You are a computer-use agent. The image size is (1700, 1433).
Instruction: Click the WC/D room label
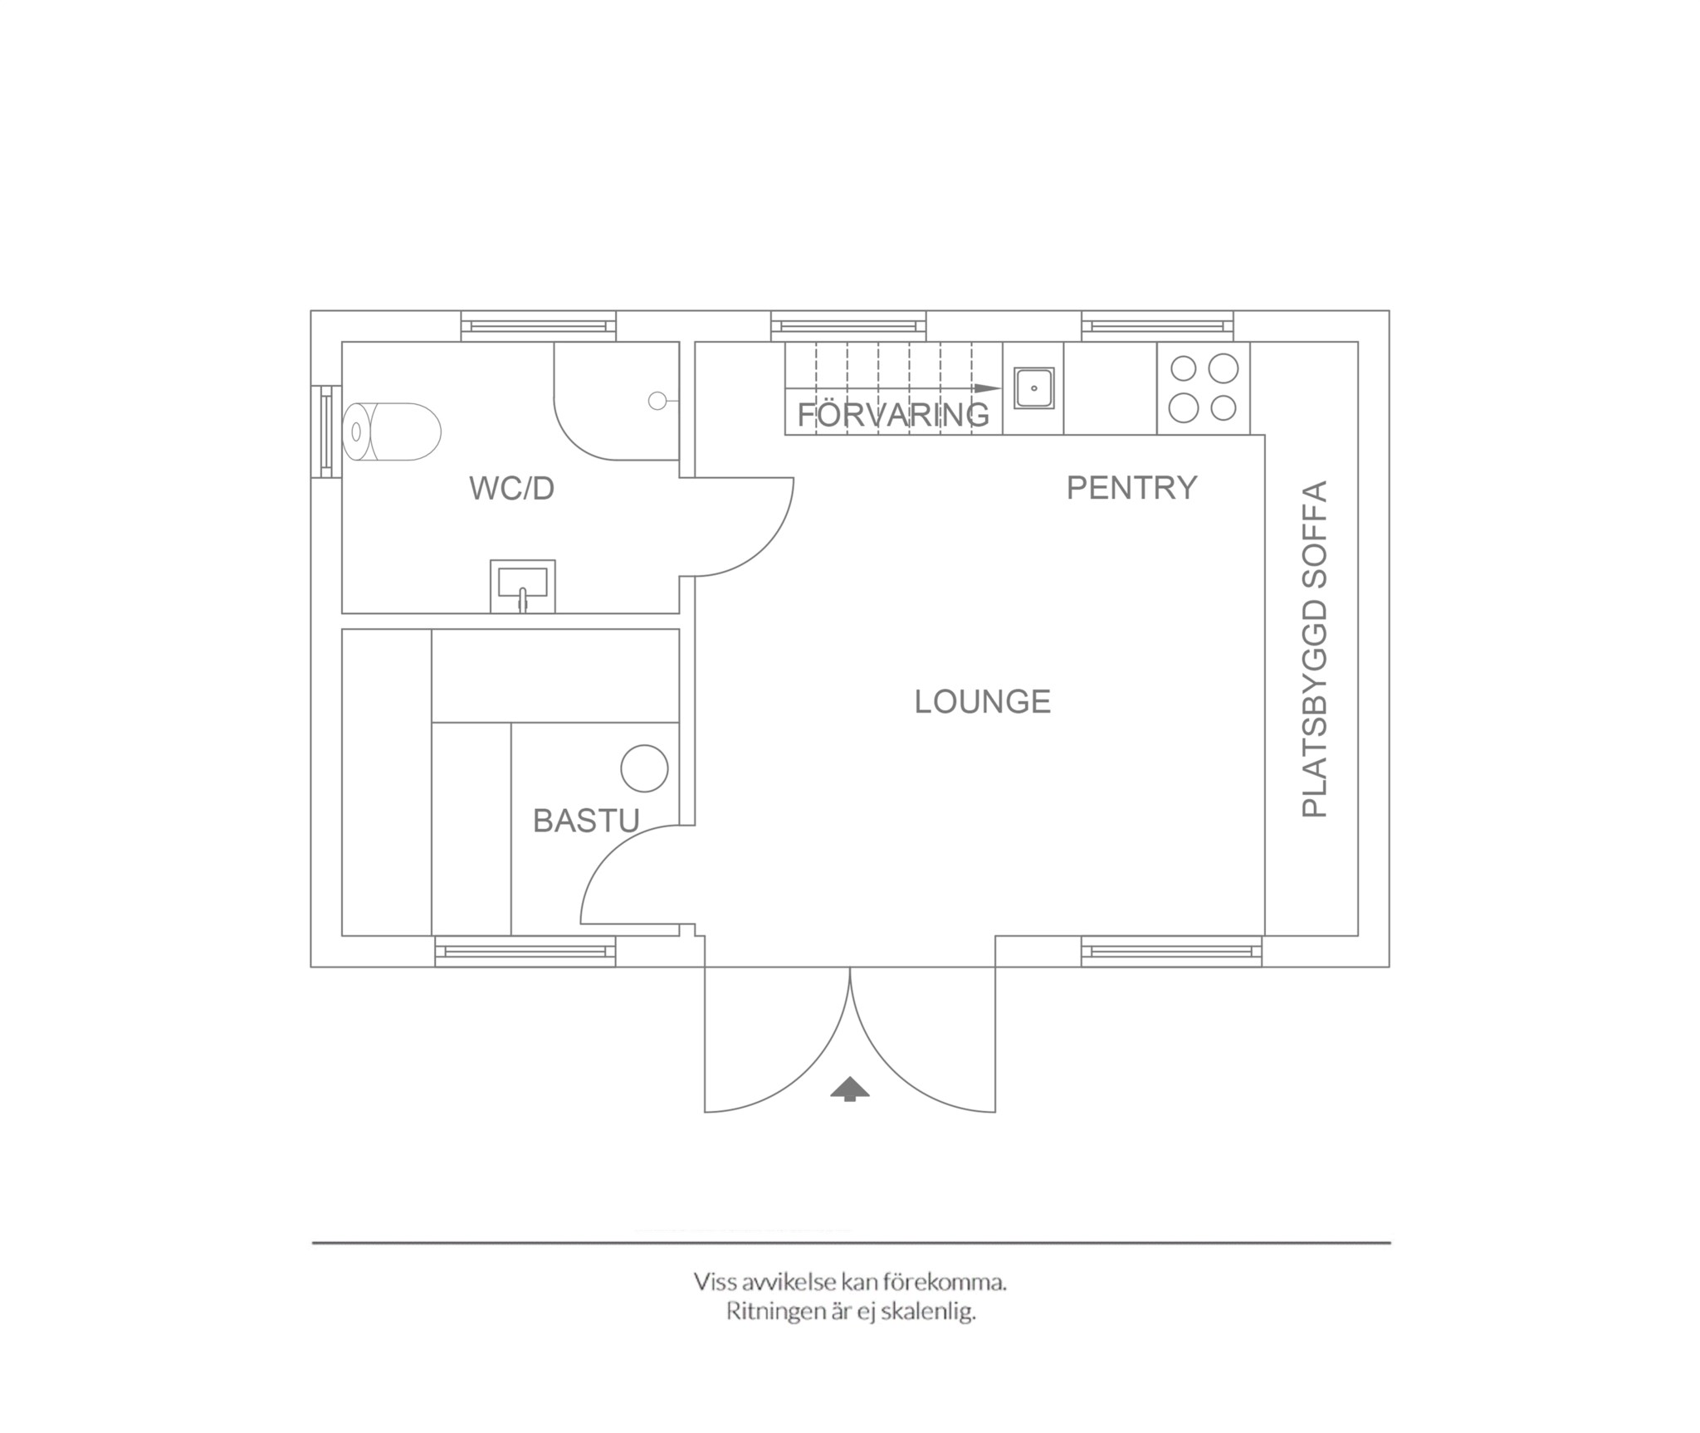click(511, 489)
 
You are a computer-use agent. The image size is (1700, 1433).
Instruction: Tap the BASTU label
click(586, 821)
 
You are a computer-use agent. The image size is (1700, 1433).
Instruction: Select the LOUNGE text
click(983, 702)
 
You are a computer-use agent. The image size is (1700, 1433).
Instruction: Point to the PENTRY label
click(1131, 488)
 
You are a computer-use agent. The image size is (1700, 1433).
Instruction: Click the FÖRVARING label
click(893, 415)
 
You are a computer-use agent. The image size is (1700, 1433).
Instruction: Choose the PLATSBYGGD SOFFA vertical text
click(1315, 649)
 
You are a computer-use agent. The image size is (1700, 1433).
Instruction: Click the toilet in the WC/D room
click(393, 431)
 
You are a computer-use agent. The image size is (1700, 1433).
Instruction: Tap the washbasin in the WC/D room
click(523, 583)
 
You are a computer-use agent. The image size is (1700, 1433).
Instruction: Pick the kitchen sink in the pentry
click(1033, 388)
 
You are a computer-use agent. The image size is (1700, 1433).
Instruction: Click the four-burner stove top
click(1204, 388)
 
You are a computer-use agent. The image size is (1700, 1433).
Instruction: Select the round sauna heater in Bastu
click(645, 768)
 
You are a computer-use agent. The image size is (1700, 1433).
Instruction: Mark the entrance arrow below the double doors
click(849, 1089)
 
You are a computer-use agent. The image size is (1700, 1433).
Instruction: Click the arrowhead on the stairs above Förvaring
click(988, 388)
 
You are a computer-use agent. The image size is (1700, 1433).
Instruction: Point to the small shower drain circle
click(657, 402)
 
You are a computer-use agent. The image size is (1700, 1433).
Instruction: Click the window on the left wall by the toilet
click(326, 431)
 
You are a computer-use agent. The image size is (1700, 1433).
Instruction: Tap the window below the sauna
click(525, 951)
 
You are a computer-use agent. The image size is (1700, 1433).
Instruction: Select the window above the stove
click(1157, 326)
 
